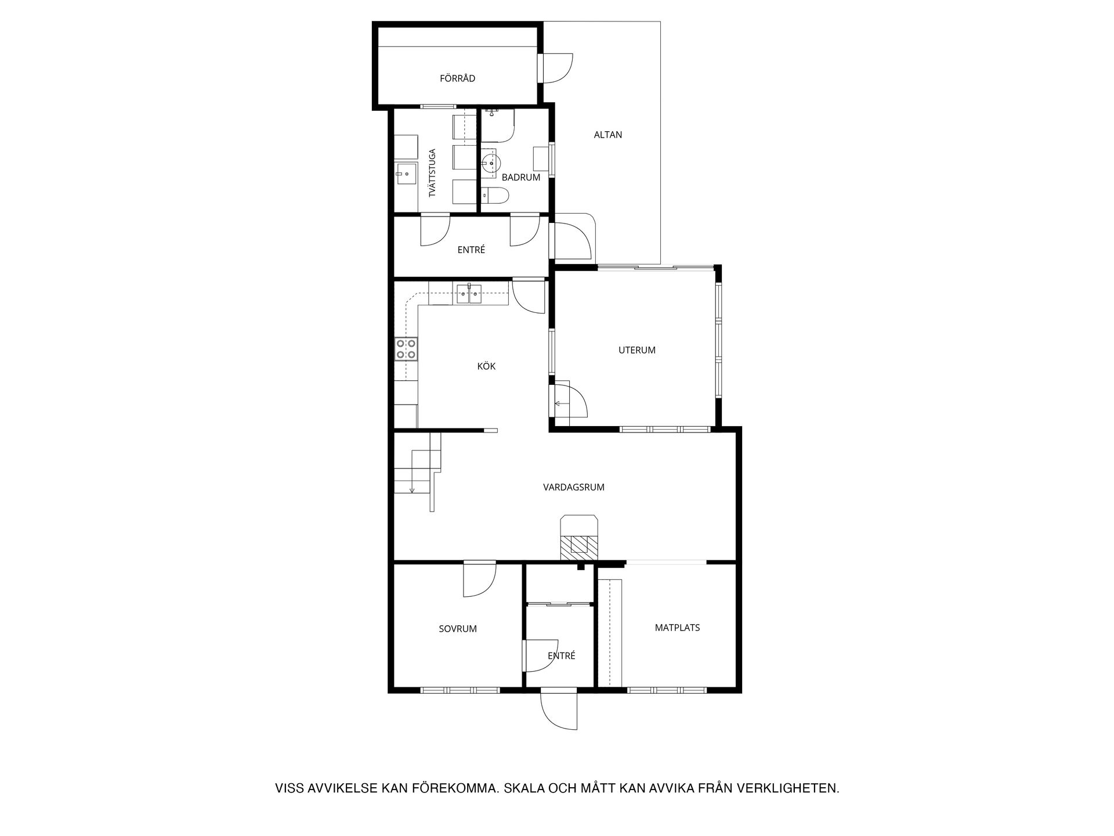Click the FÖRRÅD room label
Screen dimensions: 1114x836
click(457, 78)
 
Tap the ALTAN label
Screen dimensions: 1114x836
click(607, 135)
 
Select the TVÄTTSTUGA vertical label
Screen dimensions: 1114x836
click(432, 173)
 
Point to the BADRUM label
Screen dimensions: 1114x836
click(521, 178)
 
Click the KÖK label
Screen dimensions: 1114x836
click(486, 366)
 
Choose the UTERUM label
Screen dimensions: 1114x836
click(636, 350)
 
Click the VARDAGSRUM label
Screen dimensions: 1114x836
click(573, 487)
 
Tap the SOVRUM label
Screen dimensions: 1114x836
click(458, 629)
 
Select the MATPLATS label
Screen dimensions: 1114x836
click(677, 628)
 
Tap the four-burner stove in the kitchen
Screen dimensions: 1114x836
click(406, 349)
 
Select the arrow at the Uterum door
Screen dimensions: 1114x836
click(561, 403)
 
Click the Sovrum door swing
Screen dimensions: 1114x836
click(479, 579)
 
